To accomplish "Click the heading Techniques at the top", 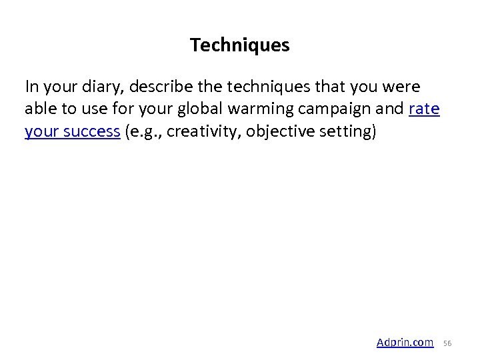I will click(239, 45).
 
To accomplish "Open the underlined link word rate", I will click(424, 109).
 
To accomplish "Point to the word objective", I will click(280, 131).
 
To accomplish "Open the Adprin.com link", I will click(405, 342).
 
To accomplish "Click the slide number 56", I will click(447, 343).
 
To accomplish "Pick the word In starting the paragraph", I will click(32, 87).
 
